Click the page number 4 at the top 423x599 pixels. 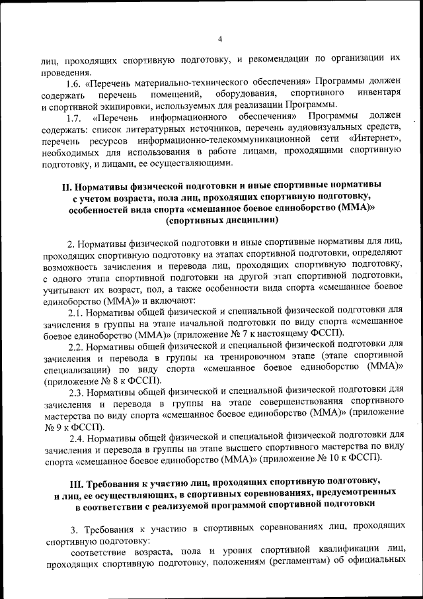(220, 38)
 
